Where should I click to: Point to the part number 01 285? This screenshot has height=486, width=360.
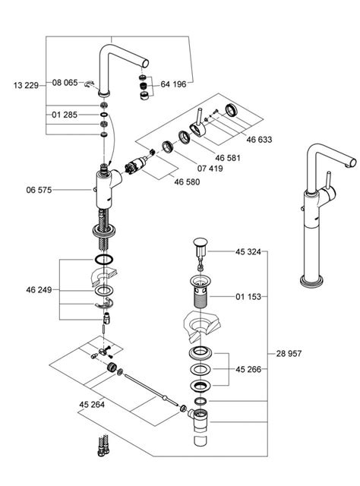[65, 115]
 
